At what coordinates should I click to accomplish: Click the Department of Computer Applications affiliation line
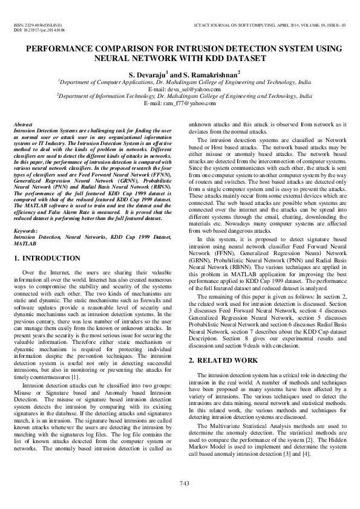(x=180, y=81)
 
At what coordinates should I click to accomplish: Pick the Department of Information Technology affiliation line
(x=180, y=96)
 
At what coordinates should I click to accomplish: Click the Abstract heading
(x=23, y=124)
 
